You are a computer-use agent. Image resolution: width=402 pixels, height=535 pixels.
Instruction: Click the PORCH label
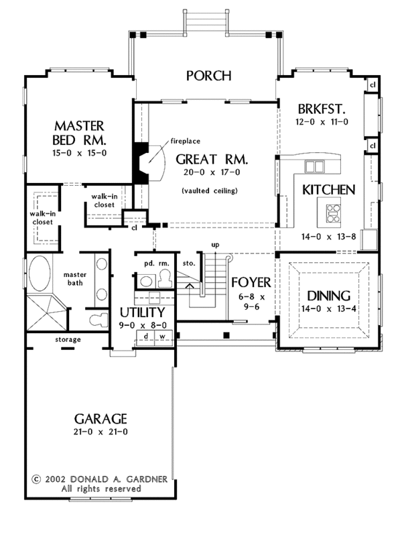[x=208, y=76]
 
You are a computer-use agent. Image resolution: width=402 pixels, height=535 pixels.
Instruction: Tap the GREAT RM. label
[x=212, y=160]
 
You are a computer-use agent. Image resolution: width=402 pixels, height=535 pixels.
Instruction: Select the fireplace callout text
[x=185, y=141]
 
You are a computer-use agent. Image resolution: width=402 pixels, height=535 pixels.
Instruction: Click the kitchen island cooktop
[x=333, y=213]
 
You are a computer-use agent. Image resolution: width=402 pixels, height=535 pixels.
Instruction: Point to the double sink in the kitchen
[x=314, y=167]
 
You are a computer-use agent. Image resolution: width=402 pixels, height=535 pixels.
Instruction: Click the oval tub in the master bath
[x=40, y=273]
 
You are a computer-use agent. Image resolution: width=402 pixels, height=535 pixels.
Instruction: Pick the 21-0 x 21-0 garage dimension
[x=100, y=432]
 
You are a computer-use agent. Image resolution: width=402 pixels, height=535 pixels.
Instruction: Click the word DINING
[x=329, y=296]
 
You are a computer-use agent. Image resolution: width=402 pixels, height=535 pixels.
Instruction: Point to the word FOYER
[x=251, y=282]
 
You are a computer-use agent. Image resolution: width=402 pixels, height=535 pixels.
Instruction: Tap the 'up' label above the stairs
[x=215, y=245]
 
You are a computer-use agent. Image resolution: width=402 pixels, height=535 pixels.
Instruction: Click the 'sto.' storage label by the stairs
[x=189, y=263]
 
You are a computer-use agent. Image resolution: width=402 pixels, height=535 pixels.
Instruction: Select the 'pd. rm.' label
[x=157, y=263]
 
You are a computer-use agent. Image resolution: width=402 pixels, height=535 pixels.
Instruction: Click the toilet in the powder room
[x=164, y=278]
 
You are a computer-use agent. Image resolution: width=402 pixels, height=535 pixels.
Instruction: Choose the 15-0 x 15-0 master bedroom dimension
[x=80, y=154]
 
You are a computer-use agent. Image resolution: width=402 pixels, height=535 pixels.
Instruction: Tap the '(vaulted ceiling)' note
[x=209, y=190]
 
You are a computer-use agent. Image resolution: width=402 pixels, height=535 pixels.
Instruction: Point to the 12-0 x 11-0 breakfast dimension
[x=322, y=122]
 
